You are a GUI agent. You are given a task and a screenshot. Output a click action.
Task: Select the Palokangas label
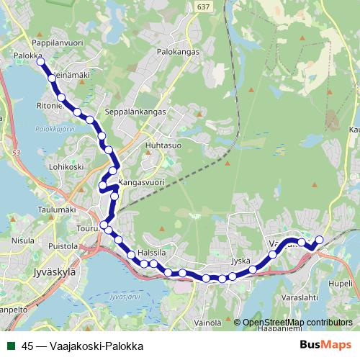pos(178,53)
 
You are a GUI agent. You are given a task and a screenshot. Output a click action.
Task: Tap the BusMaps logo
pos(325,345)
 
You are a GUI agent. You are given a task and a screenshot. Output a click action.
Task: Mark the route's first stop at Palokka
pos(41,63)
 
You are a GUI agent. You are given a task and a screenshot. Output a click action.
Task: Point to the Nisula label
pos(23,240)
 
